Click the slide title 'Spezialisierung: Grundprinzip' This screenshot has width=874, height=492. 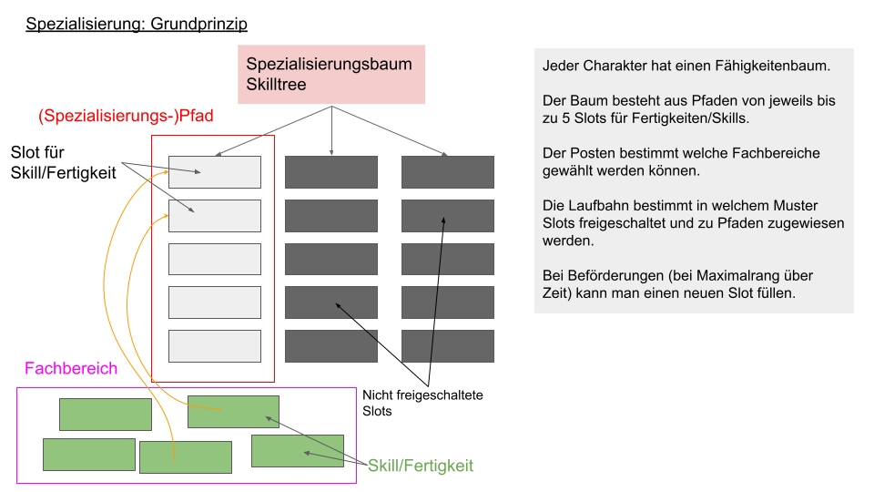point(137,24)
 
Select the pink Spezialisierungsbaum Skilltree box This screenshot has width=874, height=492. point(331,74)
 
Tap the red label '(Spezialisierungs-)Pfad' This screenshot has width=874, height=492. point(126,116)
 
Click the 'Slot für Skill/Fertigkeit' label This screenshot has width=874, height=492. point(63,162)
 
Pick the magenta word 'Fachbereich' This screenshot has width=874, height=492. point(71,368)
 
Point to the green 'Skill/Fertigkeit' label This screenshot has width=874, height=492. point(421,466)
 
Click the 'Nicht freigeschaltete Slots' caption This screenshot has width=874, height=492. point(422,403)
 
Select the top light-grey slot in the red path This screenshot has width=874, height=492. point(215,172)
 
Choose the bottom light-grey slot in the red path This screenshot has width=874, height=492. point(215,346)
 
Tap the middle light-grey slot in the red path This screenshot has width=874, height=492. point(215,259)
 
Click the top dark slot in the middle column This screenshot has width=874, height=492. point(331,172)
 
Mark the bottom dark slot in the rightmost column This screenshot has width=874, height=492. point(448,346)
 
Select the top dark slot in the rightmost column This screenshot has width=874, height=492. point(448,172)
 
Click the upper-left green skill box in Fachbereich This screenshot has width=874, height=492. point(106,415)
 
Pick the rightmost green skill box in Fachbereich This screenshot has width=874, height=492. point(298,451)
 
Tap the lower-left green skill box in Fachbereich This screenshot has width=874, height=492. point(89,455)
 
